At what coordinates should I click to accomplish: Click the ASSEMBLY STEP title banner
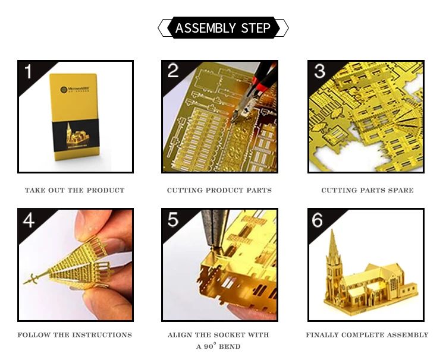[223, 28]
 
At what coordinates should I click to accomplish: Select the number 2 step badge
[172, 71]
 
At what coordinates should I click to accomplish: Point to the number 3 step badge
[319, 71]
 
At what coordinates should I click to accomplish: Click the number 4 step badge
[28, 220]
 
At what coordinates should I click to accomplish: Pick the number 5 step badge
[172, 220]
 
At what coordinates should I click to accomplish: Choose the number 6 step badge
[318, 220]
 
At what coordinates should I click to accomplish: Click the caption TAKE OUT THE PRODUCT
[74, 191]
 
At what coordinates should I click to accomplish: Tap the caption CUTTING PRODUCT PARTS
[219, 191]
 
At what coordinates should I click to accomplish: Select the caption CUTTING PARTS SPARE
[367, 191]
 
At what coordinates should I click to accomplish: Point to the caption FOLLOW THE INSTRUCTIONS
[74, 335]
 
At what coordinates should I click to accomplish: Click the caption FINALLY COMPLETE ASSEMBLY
[367, 335]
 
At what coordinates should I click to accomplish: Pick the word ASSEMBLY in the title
[203, 28]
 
